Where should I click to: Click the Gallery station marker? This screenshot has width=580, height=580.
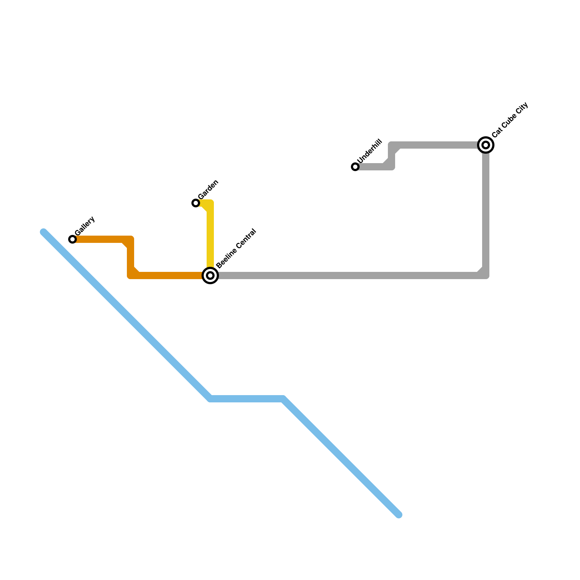tap(72, 239)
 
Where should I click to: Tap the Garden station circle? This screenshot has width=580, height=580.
tap(196, 203)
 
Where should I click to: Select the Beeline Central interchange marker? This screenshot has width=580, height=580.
tap(210, 275)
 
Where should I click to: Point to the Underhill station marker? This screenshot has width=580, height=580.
tap(355, 167)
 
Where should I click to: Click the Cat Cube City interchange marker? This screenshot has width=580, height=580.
tap(486, 145)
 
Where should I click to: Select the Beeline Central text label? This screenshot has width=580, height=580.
tap(236, 249)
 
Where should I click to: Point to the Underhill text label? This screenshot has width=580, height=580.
tap(369, 151)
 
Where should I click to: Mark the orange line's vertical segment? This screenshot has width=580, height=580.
tap(130, 257)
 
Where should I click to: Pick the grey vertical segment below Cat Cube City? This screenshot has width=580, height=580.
tap(486, 210)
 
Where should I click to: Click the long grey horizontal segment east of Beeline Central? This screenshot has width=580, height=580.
tap(344, 275)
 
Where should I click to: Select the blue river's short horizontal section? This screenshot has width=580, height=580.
tap(246, 399)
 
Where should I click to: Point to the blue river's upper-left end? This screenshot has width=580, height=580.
tap(44, 232)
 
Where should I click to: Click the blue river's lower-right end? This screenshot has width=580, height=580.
tap(399, 515)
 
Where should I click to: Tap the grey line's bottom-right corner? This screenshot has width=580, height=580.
tap(485, 275)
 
